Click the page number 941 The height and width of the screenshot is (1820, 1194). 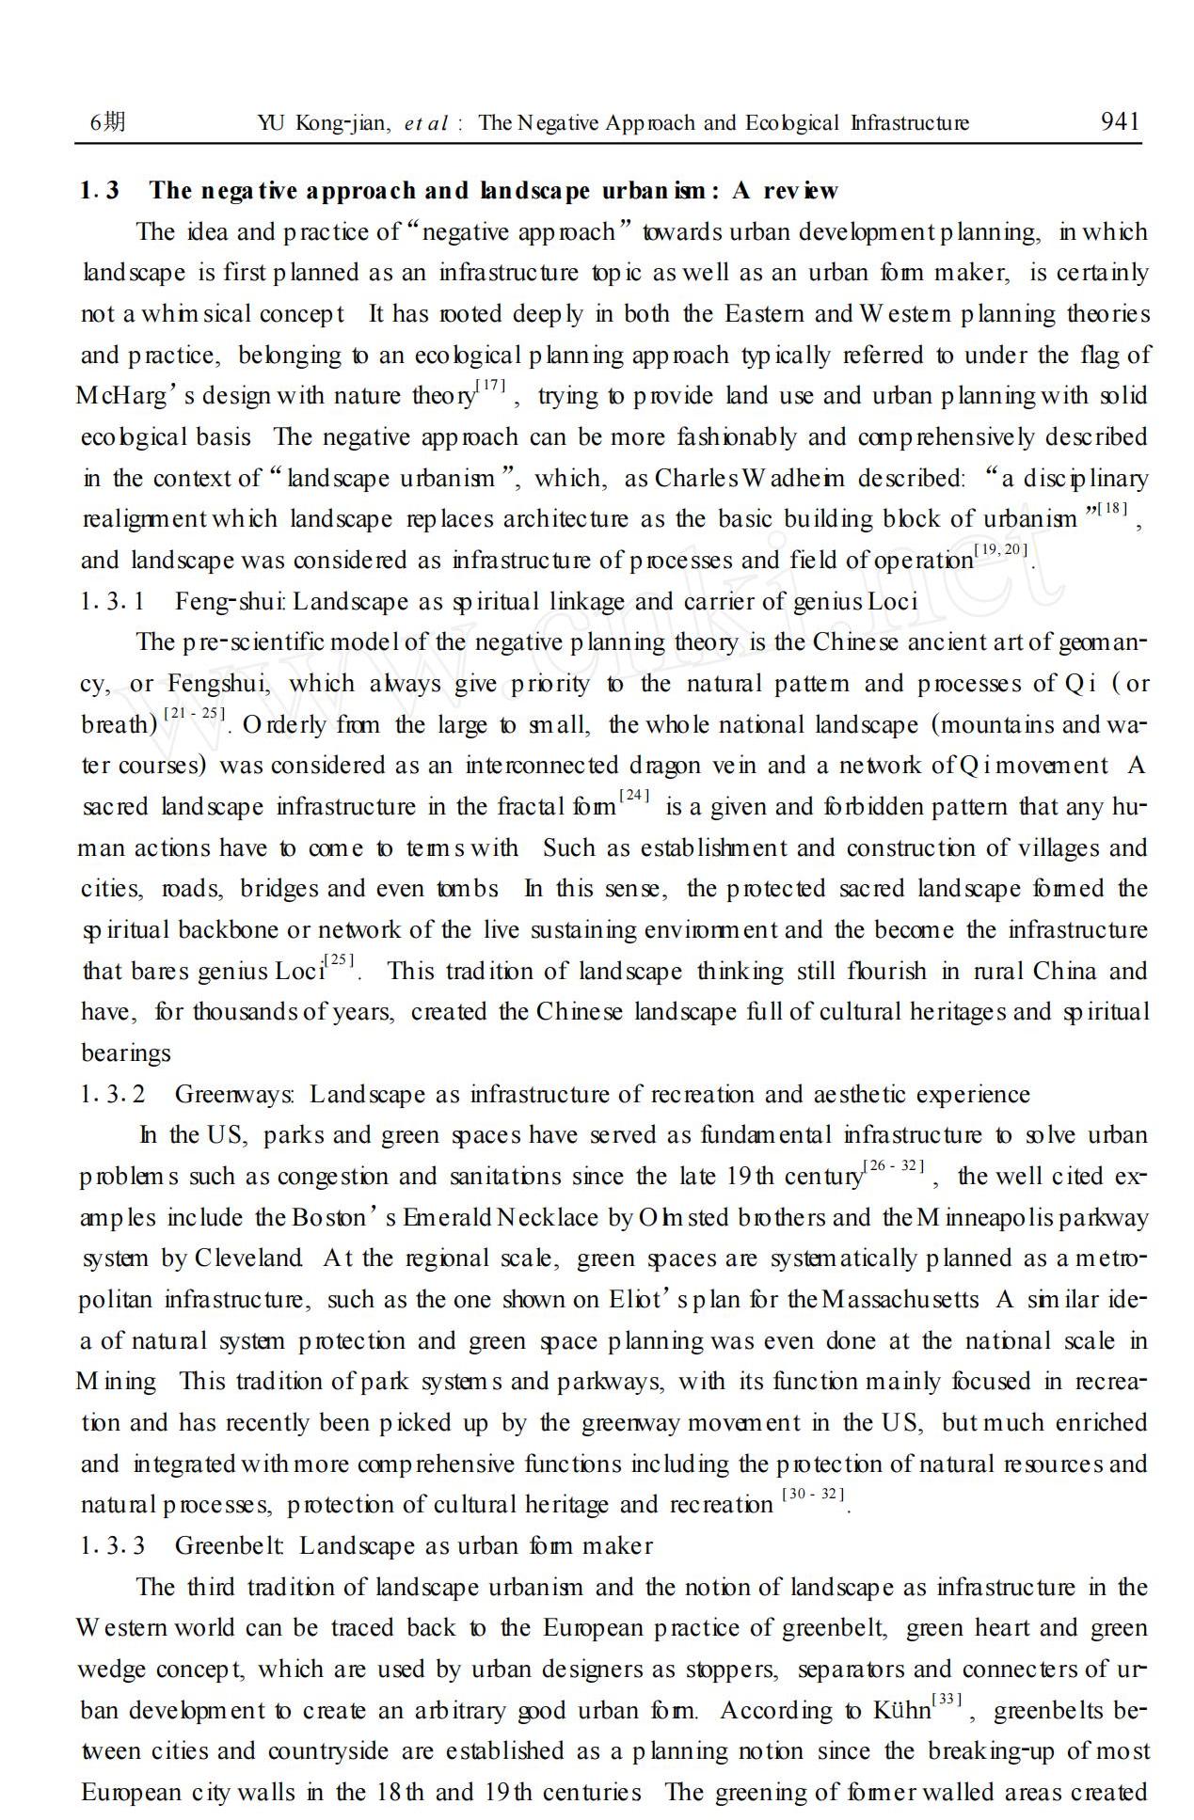1120,121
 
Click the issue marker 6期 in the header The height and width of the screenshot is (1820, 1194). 106,122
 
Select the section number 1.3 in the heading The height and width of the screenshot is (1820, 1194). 100,191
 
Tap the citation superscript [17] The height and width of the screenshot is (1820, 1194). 491,385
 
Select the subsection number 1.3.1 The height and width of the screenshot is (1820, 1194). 113,602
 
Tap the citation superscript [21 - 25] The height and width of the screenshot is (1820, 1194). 195,714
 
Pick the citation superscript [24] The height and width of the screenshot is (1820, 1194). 634,796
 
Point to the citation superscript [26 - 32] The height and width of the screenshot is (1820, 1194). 894,1166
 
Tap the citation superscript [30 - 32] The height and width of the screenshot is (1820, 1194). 813,1495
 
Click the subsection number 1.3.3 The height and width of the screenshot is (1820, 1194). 113,1546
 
